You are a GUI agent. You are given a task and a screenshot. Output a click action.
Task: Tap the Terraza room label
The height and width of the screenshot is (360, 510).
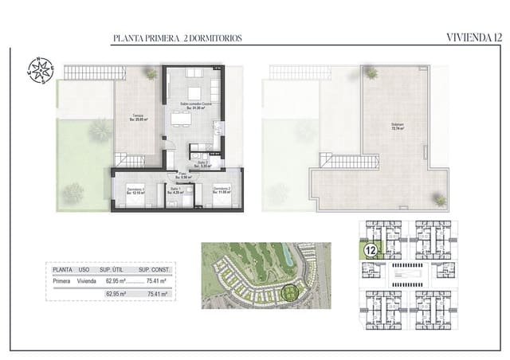coord(139,119)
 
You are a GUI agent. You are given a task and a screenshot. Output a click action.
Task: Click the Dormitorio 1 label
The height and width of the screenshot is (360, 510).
coord(137,190)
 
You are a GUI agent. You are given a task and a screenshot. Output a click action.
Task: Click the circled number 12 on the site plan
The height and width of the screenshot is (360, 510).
coord(371,249)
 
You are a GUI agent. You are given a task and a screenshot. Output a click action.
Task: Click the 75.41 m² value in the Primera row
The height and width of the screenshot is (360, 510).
coord(162,280)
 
